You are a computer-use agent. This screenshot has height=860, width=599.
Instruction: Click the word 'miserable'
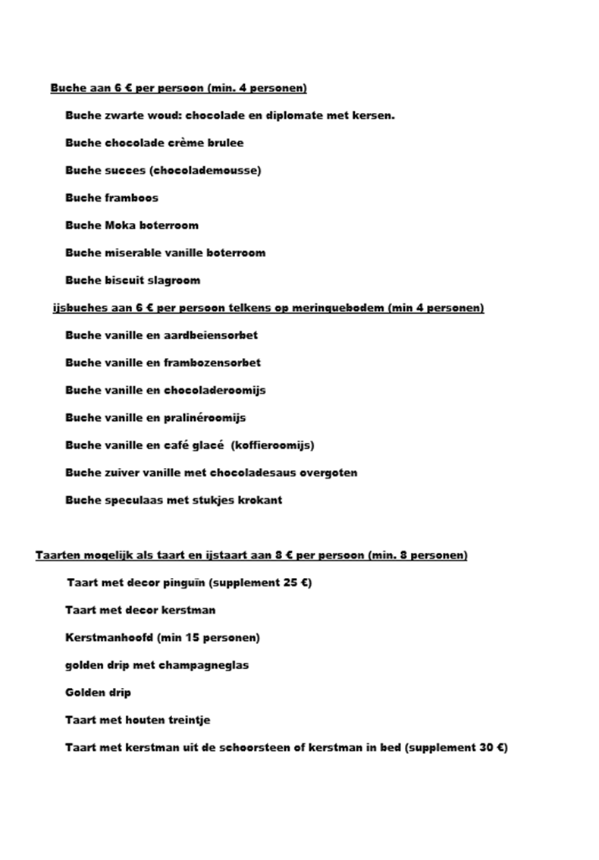133,253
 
